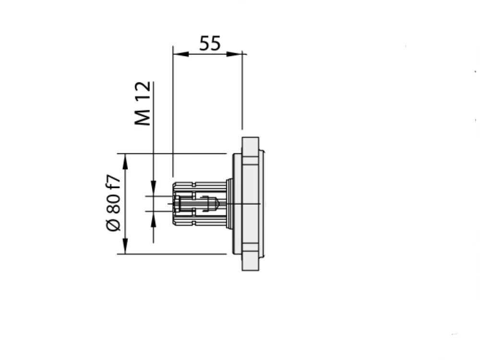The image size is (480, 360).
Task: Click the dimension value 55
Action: tap(210, 43)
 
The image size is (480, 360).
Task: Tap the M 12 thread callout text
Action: tap(143, 103)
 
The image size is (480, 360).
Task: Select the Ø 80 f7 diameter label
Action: tap(113, 203)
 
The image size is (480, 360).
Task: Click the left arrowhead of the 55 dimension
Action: tap(180, 54)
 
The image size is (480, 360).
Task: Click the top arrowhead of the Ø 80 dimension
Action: tap(125, 161)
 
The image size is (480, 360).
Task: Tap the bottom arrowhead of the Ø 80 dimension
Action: tap(125, 246)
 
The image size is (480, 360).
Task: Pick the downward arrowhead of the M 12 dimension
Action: tap(154, 188)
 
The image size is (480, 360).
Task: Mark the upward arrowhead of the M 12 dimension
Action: tap(154, 219)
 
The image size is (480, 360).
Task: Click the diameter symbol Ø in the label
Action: tap(113, 225)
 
